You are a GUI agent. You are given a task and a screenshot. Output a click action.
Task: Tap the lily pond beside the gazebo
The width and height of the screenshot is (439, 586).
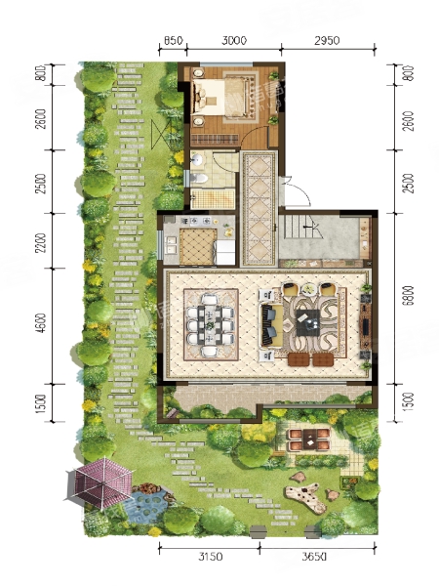(148, 505)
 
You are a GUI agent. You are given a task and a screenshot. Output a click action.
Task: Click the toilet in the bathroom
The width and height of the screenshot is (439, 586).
(199, 178)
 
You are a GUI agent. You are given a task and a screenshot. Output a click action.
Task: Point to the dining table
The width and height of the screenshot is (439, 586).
(211, 324)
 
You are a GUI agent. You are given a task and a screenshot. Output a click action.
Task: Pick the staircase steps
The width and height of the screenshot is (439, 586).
(301, 228)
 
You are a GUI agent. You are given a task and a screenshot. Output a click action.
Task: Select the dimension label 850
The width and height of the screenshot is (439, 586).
(173, 40)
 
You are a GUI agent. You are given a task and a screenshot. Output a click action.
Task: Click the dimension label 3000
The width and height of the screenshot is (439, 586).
(234, 40)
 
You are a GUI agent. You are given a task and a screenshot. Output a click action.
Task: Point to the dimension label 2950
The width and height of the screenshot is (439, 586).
(327, 40)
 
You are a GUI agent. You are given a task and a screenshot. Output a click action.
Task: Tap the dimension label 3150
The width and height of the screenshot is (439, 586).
(211, 558)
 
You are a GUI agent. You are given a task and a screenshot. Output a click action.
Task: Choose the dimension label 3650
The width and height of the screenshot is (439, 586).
(314, 558)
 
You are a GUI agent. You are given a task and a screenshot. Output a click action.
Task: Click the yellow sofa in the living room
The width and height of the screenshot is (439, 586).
(271, 324)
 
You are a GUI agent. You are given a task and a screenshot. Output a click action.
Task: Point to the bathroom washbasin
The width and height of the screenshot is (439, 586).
(196, 160)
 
